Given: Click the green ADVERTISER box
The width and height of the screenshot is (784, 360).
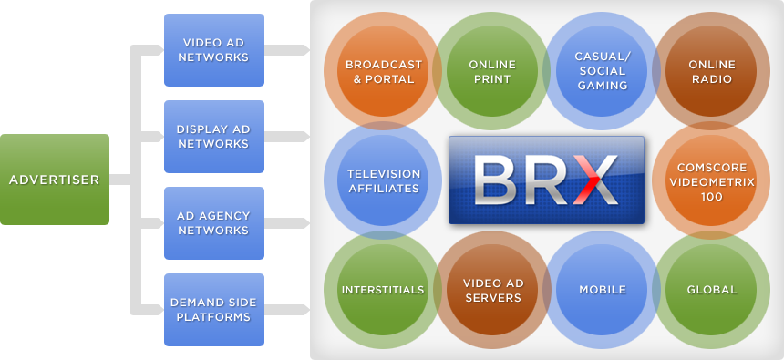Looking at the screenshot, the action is tap(55, 180).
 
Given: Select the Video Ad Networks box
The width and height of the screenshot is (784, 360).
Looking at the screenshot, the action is tap(214, 50).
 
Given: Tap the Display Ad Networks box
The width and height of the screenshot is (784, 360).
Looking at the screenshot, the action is tap(214, 137).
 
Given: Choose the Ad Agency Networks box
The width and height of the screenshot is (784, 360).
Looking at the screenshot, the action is tap(214, 223).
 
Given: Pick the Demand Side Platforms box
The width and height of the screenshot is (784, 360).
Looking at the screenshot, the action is tap(214, 310).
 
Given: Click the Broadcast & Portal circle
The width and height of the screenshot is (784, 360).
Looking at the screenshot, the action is tap(383, 71).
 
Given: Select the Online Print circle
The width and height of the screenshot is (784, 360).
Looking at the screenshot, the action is tap(492, 71).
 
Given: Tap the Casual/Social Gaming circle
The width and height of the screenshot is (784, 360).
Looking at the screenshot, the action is tap(602, 71).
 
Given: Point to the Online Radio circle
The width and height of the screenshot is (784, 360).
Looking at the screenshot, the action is tap(711, 71).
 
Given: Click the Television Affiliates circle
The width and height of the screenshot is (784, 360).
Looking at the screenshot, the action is tap(383, 180).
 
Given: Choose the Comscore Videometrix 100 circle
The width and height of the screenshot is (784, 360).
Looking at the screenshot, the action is tap(711, 180).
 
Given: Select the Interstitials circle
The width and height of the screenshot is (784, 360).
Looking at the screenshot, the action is tap(383, 290).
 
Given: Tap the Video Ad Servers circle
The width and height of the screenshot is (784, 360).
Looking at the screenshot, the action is tap(492, 290).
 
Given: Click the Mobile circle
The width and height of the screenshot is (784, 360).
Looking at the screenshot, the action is tap(602, 290).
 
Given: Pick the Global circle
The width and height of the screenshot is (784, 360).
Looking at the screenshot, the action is tap(711, 290).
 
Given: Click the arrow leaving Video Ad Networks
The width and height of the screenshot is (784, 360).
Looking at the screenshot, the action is tap(287, 50).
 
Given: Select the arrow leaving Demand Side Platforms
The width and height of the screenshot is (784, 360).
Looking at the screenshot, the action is tap(287, 310).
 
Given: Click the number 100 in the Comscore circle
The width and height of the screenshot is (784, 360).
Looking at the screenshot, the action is tap(711, 197).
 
